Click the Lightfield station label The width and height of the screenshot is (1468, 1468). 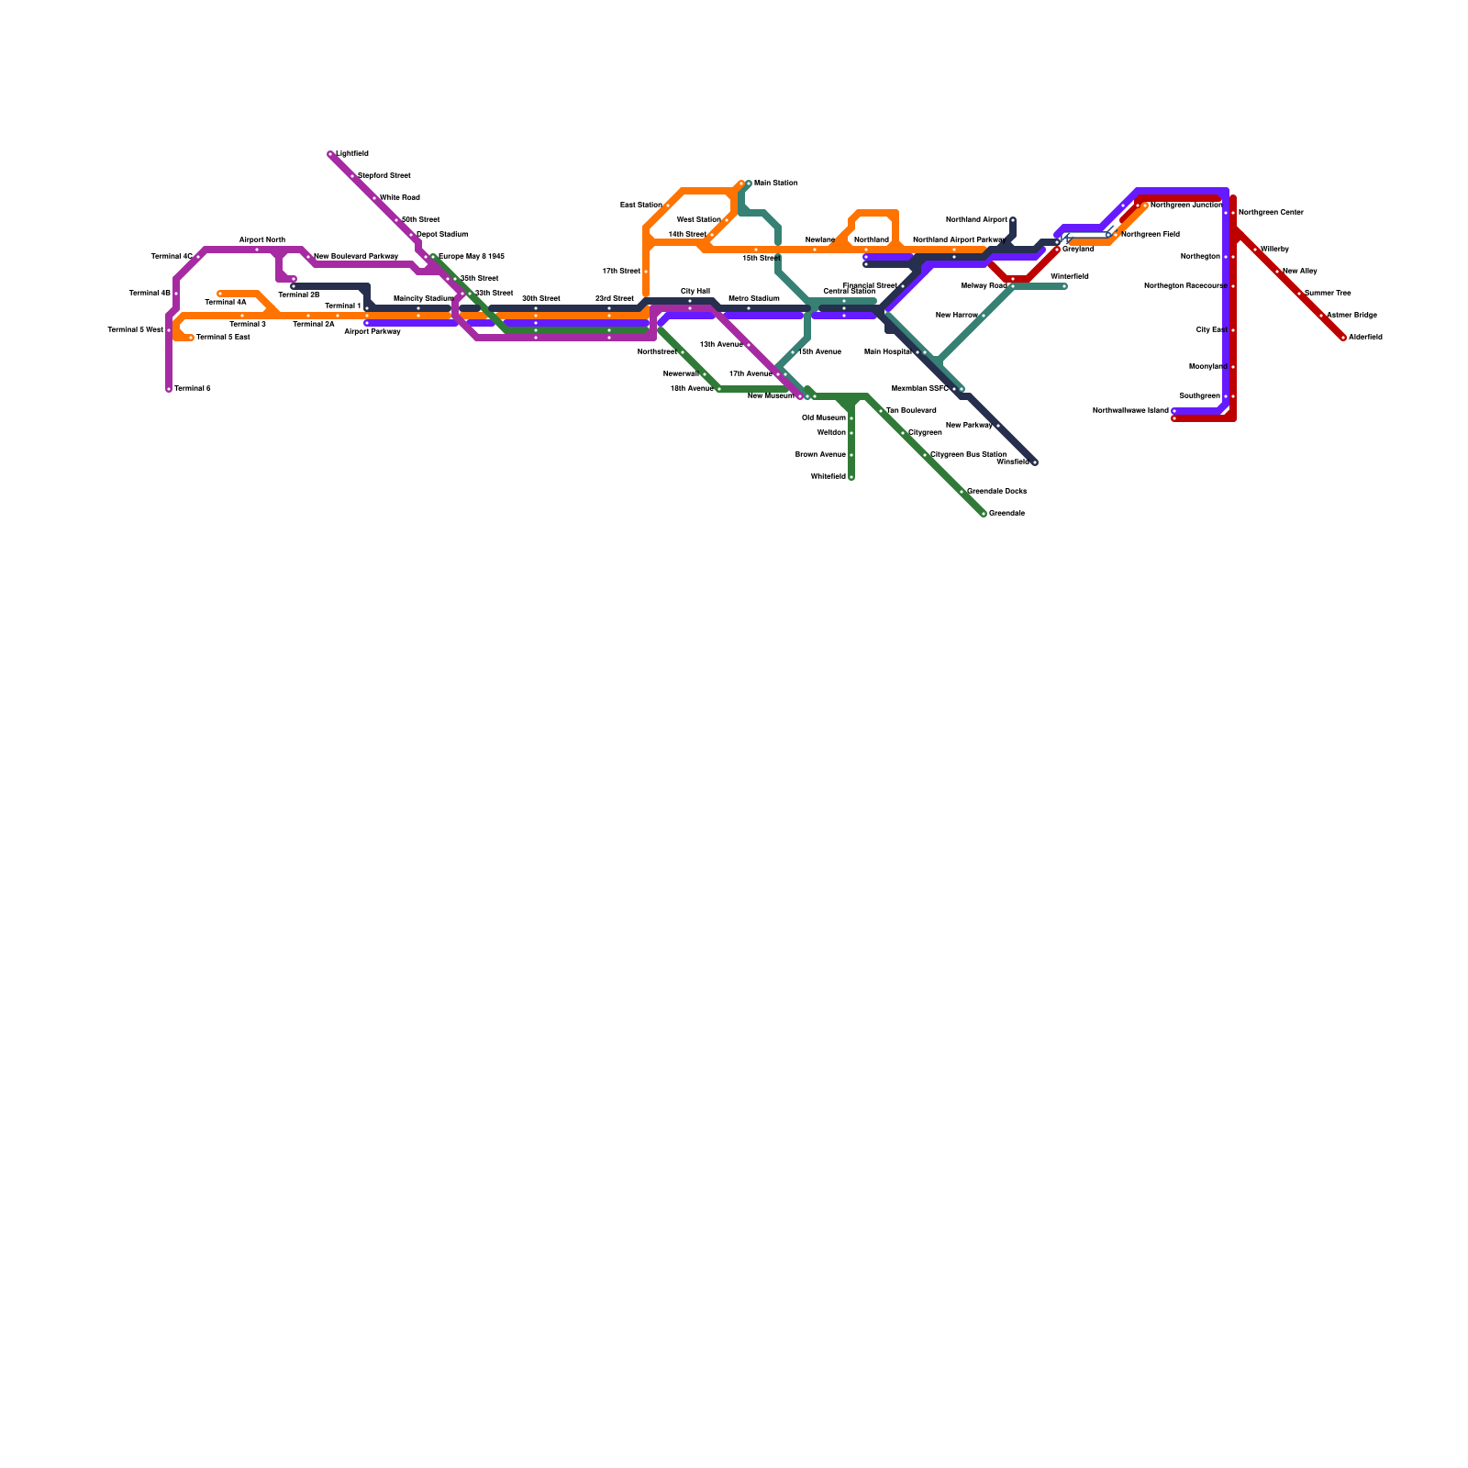[x=352, y=154]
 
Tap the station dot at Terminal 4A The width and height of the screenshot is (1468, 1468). [x=220, y=294]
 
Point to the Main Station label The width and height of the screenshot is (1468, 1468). [x=776, y=183]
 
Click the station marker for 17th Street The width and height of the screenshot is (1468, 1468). [x=646, y=272]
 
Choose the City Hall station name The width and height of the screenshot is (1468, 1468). [x=695, y=291]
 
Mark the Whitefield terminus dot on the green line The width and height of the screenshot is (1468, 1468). [x=851, y=477]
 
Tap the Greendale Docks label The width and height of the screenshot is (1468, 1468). [x=996, y=492]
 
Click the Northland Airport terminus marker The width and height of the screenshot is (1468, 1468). [x=1013, y=220]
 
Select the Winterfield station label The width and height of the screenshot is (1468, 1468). [x=1070, y=276]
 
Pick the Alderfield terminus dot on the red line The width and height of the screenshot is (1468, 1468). [x=1343, y=338]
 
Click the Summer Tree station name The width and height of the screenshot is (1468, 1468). [x=1328, y=294]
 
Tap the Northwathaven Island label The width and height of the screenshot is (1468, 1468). [x=1130, y=411]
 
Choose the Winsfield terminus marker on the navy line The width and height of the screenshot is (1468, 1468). [x=1035, y=462]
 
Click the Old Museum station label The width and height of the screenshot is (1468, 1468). [x=824, y=418]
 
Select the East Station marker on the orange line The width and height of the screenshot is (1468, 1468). [x=668, y=206]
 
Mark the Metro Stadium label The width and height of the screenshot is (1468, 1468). [x=754, y=299]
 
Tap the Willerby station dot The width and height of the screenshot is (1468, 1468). [x=1255, y=250]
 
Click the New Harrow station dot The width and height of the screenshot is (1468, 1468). [x=984, y=316]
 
